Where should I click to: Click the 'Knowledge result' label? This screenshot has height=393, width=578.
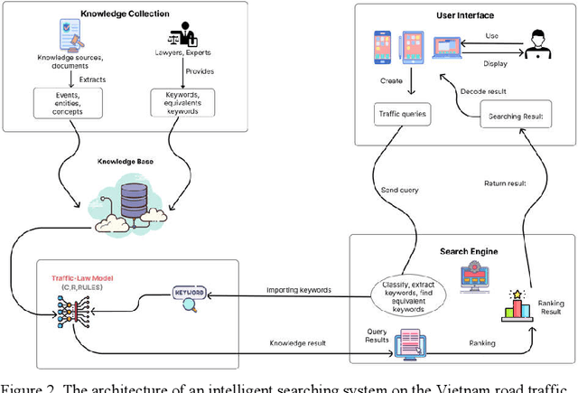[x=298, y=344]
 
